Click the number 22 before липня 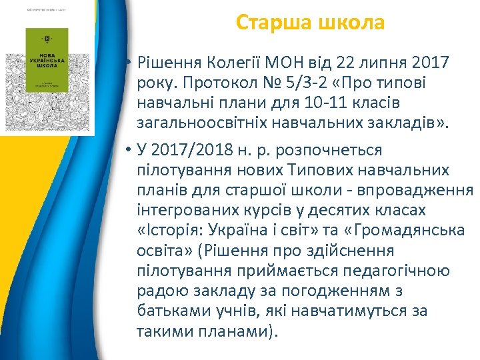(347, 63)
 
